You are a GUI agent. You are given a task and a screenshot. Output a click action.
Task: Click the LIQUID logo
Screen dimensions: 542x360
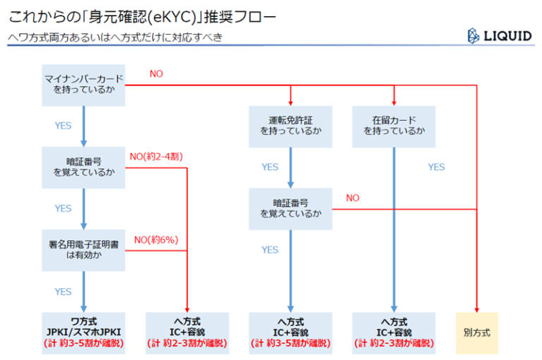[500, 36]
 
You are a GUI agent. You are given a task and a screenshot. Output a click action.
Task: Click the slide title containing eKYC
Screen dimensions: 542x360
[142, 17]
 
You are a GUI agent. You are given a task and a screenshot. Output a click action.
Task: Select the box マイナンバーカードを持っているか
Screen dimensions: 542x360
[83, 85]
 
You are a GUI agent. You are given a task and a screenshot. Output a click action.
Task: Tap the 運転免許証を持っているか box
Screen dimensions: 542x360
[290, 126]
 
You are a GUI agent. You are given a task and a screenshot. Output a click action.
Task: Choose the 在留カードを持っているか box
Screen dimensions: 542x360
[394, 126]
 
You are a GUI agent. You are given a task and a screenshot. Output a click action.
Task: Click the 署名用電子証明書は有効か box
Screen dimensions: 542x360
[83, 251]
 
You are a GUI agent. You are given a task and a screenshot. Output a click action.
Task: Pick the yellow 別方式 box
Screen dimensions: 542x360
[476, 333]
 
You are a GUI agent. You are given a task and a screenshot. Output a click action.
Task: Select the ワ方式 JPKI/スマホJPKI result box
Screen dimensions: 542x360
[83, 333]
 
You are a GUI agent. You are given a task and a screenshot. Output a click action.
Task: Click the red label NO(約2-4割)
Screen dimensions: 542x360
[156, 157]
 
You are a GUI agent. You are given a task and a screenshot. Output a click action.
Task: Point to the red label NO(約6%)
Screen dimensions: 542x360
[156, 240]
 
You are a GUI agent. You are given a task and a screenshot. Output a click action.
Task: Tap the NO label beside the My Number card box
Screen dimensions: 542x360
[156, 73]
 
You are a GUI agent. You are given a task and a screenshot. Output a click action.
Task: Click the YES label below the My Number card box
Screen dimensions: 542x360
[63, 126]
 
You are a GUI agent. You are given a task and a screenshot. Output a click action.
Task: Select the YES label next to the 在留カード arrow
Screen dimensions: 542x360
[436, 167]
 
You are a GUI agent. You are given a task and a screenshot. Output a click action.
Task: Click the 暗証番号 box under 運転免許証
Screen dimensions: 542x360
[290, 209]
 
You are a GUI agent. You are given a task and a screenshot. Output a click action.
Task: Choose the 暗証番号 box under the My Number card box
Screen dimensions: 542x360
[83, 168]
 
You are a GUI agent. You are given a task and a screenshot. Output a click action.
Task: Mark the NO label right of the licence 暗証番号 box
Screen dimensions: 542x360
[353, 198]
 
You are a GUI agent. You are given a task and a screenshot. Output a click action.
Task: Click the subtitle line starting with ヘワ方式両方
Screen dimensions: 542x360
[115, 37]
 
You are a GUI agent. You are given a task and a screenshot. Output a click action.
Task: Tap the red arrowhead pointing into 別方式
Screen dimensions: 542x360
[476, 310]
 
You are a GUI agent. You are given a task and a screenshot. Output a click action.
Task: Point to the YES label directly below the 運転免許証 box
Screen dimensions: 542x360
[270, 167]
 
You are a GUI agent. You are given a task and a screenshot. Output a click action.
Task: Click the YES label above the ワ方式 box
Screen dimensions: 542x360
[63, 292]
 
